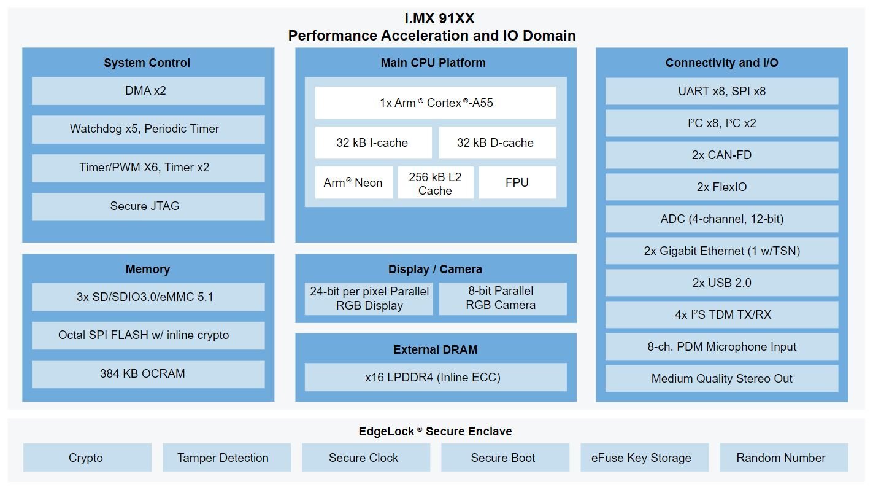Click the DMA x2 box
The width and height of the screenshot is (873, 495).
(148, 91)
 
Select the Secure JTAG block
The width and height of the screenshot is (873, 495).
(148, 206)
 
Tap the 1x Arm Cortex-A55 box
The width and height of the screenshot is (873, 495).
(436, 103)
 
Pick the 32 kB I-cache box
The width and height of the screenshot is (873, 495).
(374, 142)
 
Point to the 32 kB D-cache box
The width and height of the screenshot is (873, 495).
(498, 142)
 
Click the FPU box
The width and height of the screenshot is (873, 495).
(517, 182)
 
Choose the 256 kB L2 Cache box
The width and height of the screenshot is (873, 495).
(436, 182)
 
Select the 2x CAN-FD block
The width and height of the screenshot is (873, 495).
(721, 155)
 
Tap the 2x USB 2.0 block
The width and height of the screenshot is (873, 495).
(721, 283)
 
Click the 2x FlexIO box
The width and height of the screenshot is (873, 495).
(721, 187)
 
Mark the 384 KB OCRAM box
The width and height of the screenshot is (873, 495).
(148, 373)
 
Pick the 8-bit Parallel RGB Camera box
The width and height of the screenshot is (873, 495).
(502, 299)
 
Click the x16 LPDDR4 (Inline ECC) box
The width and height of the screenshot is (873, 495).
(436, 377)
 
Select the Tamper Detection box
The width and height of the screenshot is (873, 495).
(226, 458)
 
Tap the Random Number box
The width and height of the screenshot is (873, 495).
(784, 458)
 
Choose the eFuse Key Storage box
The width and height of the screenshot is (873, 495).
(645, 458)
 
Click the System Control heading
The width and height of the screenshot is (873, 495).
(147, 63)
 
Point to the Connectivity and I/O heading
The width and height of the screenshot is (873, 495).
(721, 63)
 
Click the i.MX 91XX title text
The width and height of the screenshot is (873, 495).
(439, 18)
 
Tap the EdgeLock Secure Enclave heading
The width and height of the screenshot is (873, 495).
(435, 431)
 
